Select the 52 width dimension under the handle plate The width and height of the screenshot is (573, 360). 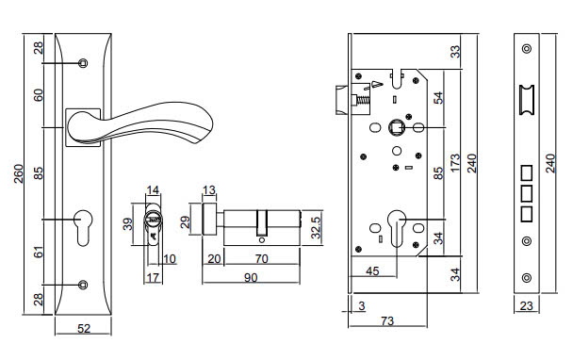pyautogui.click(x=83, y=328)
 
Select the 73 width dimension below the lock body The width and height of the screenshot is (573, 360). pyautogui.click(x=386, y=321)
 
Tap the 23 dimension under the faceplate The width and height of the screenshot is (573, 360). pyautogui.click(x=526, y=305)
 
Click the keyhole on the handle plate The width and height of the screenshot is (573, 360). pyautogui.click(x=83, y=226)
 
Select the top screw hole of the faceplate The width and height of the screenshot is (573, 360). pyautogui.click(x=526, y=48)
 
